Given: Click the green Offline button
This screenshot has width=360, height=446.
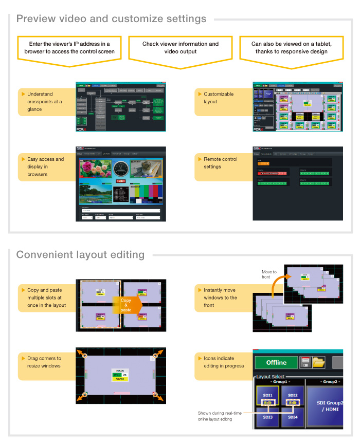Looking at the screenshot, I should pos(276,362).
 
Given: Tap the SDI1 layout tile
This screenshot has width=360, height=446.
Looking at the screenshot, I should pos(266,395).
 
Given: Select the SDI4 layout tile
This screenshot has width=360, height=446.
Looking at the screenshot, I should pos(293,417).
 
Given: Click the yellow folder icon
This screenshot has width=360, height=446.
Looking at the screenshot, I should pos(319,362).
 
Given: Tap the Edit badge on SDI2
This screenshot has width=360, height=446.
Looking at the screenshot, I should pos(292,403).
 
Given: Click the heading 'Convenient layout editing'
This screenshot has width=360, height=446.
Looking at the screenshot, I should pos(80,255).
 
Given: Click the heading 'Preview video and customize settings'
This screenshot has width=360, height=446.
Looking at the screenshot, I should pos(111,19).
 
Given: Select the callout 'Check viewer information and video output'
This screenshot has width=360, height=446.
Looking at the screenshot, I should pos(181,48).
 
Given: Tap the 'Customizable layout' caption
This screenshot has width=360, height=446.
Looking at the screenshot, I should pos(219,98).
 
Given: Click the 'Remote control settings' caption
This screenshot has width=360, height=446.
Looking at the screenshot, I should pos(221,163).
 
